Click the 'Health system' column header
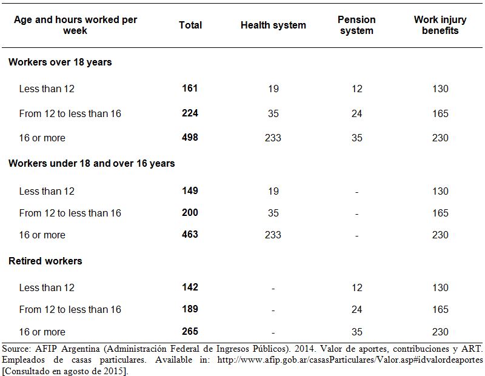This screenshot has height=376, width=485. pos(273,25)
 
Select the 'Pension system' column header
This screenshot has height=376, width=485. pos(356,25)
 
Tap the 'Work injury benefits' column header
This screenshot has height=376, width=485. pos(440,25)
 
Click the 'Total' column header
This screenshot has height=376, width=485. pos(190,25)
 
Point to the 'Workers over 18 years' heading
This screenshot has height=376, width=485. pos(60,62)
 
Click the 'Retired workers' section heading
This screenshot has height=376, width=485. pos(45,261)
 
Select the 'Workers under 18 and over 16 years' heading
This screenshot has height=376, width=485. pos(92,163)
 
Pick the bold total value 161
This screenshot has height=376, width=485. pos(190,89)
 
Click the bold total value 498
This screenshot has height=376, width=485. pos(190,137)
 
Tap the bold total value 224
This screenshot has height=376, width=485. pos(190,113)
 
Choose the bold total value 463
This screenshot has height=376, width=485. pos(190,234)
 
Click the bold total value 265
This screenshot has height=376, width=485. pos(190,332)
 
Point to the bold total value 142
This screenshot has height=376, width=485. pos(190,287)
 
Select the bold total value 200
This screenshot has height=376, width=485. pos(190,213)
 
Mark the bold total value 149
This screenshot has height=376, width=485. pos(190,190)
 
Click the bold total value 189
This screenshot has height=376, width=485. pos(190,309)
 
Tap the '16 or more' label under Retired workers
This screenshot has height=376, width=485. pos(42,332)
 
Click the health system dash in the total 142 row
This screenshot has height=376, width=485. pos(273,289)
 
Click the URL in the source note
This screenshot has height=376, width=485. pos(350,360)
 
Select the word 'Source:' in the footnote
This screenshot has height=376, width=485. pos(16,349)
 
